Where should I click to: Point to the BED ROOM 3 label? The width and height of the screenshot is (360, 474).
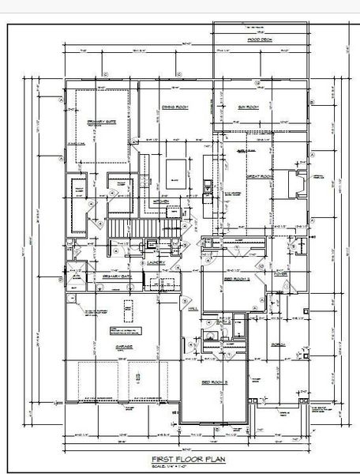click(x=214, y=382)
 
